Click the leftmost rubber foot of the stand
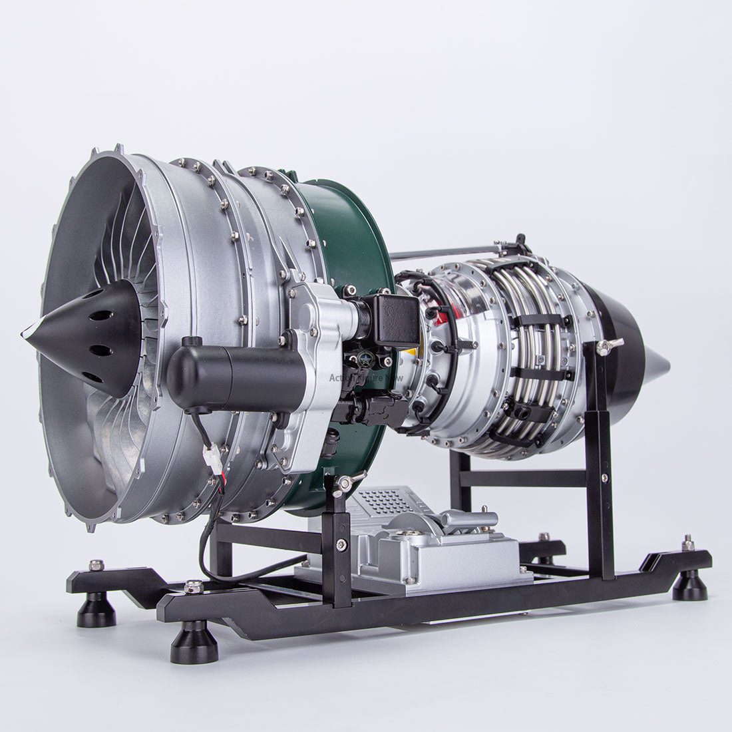(96, 609)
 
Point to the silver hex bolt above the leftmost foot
(96, 565)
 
